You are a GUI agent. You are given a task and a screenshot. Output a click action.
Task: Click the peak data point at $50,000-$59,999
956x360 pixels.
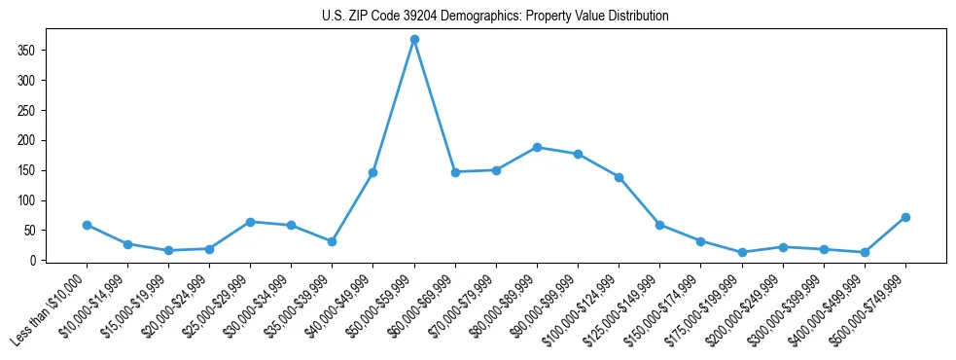coord(414,39)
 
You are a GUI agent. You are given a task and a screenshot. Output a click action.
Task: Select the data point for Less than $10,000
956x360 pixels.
coord(87,225)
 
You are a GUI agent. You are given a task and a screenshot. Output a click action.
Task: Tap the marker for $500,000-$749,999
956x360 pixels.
coord(905,217)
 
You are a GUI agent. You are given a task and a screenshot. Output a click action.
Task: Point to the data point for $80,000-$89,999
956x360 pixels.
coord(537,147)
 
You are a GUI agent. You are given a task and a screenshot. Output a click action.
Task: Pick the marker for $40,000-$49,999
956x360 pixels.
coord(372,172)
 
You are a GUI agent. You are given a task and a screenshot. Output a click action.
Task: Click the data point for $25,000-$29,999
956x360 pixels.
coord(250,222)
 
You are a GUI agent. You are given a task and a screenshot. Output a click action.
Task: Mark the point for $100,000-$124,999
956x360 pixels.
coord(619,177)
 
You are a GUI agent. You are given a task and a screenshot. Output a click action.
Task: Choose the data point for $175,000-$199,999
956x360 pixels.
coord(742,252)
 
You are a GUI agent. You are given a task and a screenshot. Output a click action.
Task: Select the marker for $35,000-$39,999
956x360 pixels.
coord(332,241)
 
